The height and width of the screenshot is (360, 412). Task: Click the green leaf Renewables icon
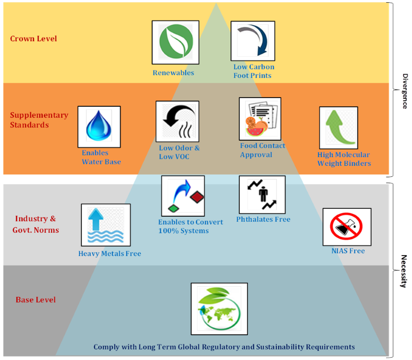(x=175, y=42)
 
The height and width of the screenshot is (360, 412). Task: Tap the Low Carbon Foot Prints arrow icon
(x=253, y=41)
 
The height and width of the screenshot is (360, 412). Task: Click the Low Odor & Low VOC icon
(x=177, y=121)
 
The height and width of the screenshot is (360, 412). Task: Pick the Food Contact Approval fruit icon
(x=260, y=119)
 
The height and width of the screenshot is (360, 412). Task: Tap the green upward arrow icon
(x=338, y=128)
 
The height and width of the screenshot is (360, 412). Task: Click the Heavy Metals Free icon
(x=103, y=225)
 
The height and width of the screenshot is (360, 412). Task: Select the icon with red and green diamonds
(x=183, y=196)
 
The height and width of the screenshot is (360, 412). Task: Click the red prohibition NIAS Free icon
(x=347, y=227)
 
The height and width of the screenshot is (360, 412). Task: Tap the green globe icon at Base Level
(x=219, y=309)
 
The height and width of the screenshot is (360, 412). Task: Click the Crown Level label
(x=33, y=38)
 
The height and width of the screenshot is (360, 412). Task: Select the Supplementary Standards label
(x=39, y=120)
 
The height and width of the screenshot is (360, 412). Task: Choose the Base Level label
(x=36, y=300)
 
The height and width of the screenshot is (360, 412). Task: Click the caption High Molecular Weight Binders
(x=344, y=159)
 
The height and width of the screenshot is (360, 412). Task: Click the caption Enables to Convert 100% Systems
(x=190, y=226)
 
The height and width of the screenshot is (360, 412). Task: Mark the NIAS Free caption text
(x=348, y=251)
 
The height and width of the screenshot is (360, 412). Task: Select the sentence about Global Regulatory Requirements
(x=224, y=347)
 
